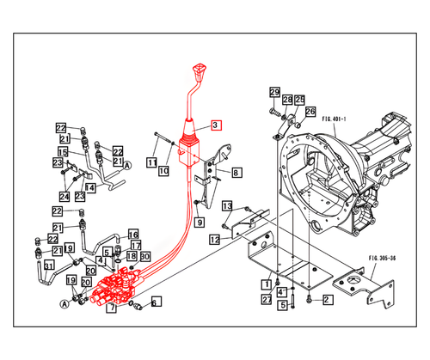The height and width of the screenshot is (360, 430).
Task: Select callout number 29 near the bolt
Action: pyautogui.click(x=274, y=93)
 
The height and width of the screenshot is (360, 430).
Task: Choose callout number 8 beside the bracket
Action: pyautogui.click(x=236, y=172)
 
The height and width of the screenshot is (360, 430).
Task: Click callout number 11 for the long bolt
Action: pyautogui.click(x=150, y=162)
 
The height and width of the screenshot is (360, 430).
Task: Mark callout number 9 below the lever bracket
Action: pyautogui.click(x=199, y=223)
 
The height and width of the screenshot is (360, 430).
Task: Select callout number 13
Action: pyautogui.click(x=228, y=205)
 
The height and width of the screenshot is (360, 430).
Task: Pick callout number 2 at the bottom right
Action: pyautogui.click(x=327, y=299)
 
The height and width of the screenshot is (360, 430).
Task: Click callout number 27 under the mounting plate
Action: pyautogui.click(x=267, y=299)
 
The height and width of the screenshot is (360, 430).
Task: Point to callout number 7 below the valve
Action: pyautogui.click(x=112, y=307)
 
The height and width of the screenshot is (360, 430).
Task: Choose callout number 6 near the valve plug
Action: pyautogui.click(x=156, y=302)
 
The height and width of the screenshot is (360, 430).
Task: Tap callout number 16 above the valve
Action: pyautogui.click(x=133, y=235)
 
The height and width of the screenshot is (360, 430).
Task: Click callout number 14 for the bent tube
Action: pyautogui.click(x=89, y=186)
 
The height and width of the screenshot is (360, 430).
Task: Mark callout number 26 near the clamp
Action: pyautogui.click(x=310, y=111)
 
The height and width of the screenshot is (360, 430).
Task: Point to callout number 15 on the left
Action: pyautogui.click(x=62, y=151)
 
